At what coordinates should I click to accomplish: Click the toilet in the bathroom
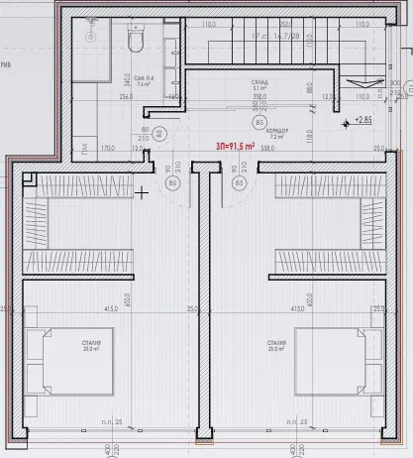[x=137, y=39]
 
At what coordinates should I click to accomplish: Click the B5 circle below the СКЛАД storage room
[x=259, y=122]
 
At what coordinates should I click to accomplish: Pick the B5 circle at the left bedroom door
[x=173, y=183]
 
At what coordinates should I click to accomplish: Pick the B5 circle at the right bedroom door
[x=238, y=183]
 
